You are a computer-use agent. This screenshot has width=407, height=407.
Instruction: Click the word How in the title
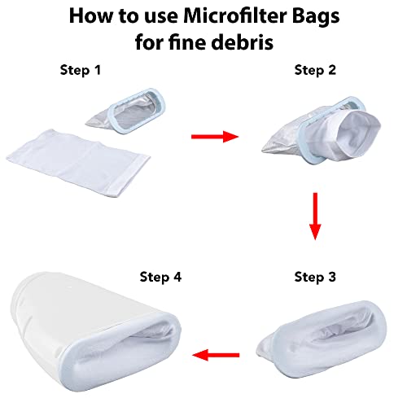[x=90, y=16]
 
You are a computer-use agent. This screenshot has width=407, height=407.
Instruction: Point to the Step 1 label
[x=81, y=71]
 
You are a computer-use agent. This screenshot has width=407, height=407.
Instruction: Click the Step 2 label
[x=315, y=71]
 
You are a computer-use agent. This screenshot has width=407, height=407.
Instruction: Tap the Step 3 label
[x=315, y=278]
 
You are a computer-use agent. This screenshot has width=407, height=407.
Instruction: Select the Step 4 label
[x=160, y=278]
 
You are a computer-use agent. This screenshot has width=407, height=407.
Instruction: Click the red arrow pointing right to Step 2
[x=215, y=137]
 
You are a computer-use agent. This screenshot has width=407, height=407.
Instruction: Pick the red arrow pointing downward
[x=315, y=217]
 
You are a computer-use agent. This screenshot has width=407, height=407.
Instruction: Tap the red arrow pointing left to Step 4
[x=216, y=355]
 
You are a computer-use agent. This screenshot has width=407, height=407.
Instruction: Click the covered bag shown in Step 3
[x=322, y=339]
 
